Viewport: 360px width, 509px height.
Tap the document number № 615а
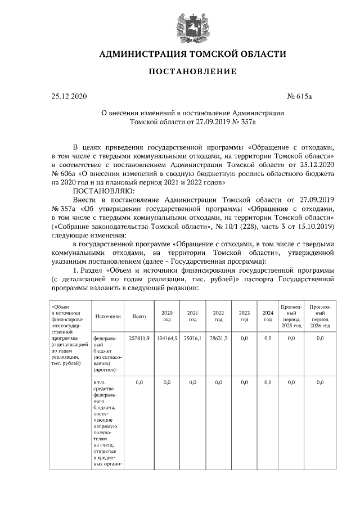tap(299, 96)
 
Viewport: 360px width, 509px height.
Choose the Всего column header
tap(139, 317)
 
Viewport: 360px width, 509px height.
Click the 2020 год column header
tap(166, 317)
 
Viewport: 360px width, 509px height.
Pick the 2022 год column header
tap(218, 317)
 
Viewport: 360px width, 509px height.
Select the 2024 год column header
tap(268, 317)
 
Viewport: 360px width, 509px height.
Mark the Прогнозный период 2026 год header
tap(319, 317)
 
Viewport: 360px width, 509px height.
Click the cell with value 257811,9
tap(139, 339)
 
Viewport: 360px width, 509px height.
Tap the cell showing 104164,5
tap(166, 339)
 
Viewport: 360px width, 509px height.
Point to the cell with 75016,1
tap(192, 339)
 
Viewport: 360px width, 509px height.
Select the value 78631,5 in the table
tap(218, 339)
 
